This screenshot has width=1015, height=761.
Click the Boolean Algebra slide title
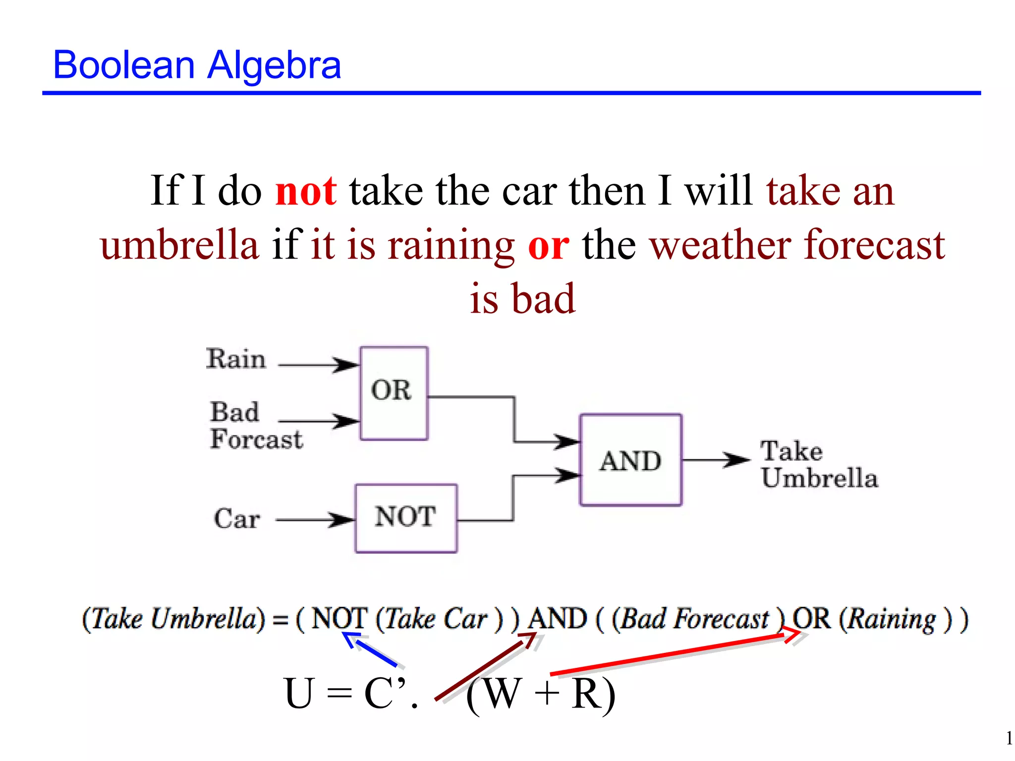(197, 65)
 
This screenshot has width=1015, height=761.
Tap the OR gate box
(394, 393)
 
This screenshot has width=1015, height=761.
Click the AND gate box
(630, 460)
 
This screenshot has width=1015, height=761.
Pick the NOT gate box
(406, 518)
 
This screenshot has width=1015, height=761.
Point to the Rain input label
(236, 359)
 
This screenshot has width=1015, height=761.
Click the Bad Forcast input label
(255, 426)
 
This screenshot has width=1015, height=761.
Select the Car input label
(236, 519)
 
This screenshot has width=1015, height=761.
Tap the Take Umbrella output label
(819, 465)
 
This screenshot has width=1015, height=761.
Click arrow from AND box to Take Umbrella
(716, 460)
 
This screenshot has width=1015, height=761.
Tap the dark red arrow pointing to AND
(486, 666)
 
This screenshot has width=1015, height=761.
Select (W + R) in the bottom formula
(541, 695)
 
